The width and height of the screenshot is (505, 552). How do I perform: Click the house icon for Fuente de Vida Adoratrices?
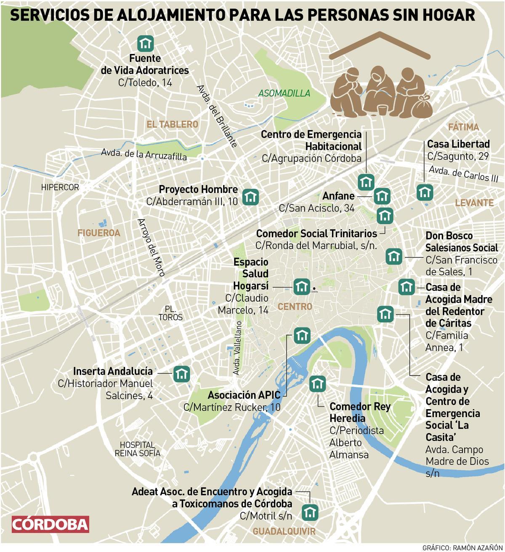[146, 43]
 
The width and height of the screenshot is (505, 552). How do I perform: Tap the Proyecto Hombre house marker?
[251, 197]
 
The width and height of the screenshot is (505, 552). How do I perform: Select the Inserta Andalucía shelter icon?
[182, 374]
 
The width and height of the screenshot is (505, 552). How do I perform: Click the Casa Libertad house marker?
[425, 192]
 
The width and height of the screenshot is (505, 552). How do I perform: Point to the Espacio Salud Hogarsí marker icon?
[301, 287]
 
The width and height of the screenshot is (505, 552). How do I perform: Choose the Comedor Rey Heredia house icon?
[317, 384]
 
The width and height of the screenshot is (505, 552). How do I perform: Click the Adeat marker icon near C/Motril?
[310, 513]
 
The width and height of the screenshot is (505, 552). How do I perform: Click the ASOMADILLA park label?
[284, 93]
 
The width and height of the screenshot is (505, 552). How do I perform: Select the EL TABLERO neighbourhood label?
[172, 124]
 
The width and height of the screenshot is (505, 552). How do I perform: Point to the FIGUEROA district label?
[98, 233]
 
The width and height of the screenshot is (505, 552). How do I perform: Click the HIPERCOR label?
[60, 187]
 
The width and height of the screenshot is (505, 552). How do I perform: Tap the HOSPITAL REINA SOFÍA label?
[138, 449]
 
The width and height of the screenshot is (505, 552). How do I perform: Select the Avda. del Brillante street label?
[216, 116]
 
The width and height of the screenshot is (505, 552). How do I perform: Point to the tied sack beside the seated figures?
[422, 106]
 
